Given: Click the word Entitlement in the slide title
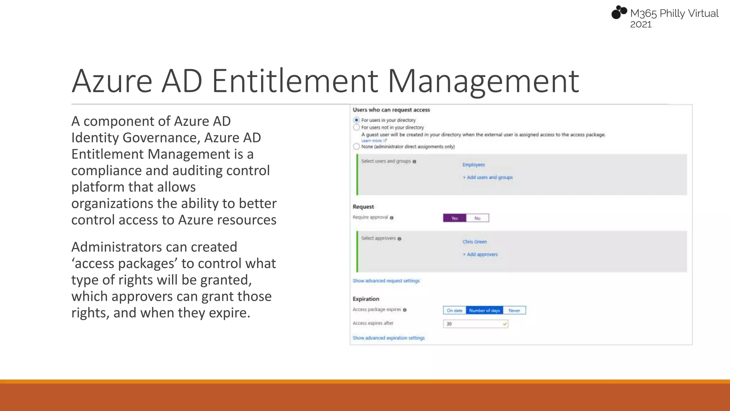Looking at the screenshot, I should pyautogui.click(x=294, y=81).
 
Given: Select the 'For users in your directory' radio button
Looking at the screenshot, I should pyautogui.click(x=356, y=120).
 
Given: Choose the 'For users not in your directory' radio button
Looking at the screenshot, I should pyautogui.click(x=356, y=127).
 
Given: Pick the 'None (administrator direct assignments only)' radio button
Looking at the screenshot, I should pyautogui.click(x=356, y=147).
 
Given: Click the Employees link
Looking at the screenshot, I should pyautogui.click(x=473, y=165).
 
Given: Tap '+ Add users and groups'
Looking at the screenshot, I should pyautogui.click(x=488, y=177).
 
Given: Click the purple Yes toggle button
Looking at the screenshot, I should pyautogui.click(x=454, y=218).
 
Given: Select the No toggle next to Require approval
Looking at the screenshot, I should pyautogui.click(x=477, y=218).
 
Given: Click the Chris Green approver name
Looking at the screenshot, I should pyautogui.click(x=474, y=242).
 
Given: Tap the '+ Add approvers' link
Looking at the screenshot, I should pyautogui.click(x=480, y=254).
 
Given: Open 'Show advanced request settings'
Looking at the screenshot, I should pyautogui.click(x=386, y=281).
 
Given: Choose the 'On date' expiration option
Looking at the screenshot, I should pyautogui.click(x=454, y=310).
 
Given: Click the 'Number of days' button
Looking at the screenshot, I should pyautogui.click(x=484, y=310).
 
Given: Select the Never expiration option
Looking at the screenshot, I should pyautogui.click(x=514, y=310).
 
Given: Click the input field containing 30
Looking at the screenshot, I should pyautogui.click(x=475, y=324).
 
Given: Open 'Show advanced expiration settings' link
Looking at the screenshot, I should pyautogui.click(x=389, y=338).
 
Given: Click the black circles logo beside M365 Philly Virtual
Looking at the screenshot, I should pyautogui.click(x=619, y=12).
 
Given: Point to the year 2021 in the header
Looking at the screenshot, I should pyautogui.click(x=641, y=25).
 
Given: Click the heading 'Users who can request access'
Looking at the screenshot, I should pyautogui.click(x=391, y=110).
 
